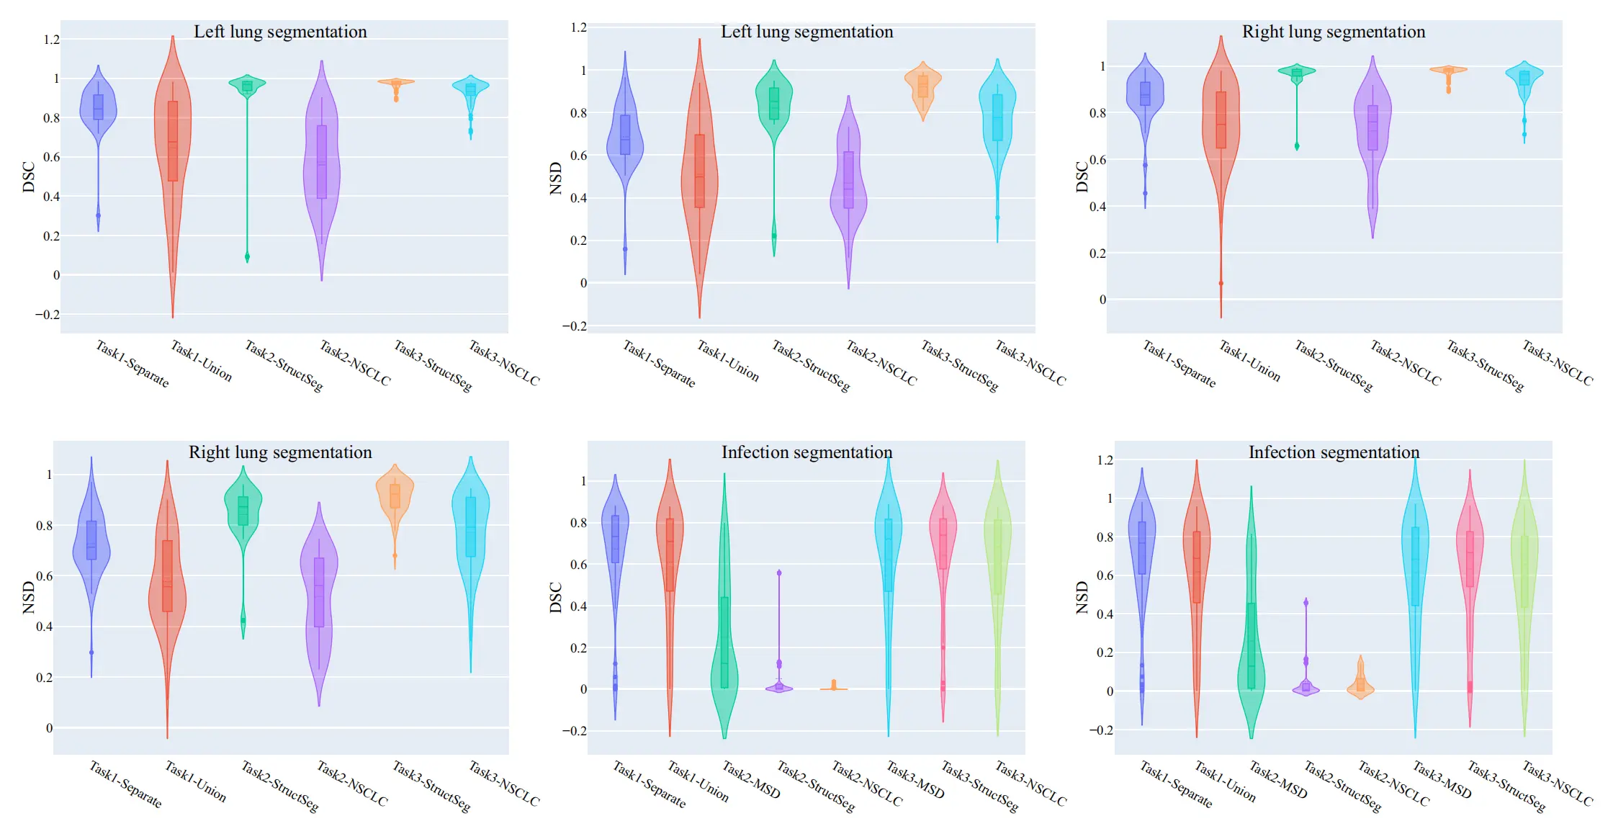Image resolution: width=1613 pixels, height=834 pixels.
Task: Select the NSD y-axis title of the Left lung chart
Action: [555, 178]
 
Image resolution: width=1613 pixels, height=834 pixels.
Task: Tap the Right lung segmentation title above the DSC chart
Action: [1333, 32]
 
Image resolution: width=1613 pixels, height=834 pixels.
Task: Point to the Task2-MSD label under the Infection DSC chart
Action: [752, 780]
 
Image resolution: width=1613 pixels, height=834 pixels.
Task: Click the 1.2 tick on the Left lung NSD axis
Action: [578, 28]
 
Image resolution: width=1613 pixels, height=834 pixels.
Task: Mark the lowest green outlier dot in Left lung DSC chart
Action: [247, 256]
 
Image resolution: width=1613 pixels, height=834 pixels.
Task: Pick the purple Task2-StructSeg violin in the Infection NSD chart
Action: [1306, 689]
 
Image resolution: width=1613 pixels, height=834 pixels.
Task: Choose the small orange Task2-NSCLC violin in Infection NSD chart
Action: [1360, 684]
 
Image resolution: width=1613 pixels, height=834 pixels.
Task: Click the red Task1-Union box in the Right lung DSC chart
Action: [1221, 120]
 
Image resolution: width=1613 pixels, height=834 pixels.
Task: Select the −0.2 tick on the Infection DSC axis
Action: [574, 731]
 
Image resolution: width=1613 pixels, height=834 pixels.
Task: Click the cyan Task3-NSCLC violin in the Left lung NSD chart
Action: [997, 115]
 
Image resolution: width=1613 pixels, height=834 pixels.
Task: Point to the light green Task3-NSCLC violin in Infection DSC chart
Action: [997, 547]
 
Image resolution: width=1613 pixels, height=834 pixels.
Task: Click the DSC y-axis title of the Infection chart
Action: [555, 598]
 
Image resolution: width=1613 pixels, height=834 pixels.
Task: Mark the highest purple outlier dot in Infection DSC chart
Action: [779, 573]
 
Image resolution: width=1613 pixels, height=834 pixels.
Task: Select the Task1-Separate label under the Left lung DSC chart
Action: [132, 364]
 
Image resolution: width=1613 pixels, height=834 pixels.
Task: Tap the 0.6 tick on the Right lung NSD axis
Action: [44, 576]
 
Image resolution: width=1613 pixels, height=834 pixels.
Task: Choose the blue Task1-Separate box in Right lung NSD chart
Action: [91, 540]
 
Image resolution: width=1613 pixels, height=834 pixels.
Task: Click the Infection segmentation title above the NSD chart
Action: [1333, 453]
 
